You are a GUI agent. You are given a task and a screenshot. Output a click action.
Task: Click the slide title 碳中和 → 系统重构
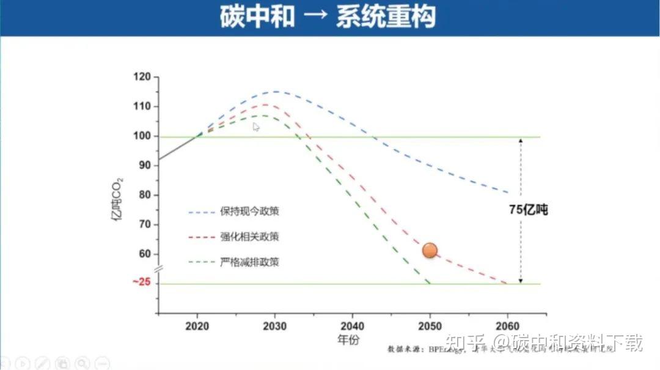(x=328, y=17)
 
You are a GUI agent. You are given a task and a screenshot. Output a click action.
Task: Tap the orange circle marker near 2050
(x=430, y=250)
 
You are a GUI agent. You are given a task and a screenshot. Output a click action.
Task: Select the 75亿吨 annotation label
(x=528, y=210)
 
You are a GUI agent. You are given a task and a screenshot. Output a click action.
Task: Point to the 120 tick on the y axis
(x=142, y=77)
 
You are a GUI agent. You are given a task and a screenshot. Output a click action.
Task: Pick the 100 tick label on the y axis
(x=142, y=136)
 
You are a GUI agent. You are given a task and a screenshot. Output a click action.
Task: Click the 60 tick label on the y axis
(x=144, y=254)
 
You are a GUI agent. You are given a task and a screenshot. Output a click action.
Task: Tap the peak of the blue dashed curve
(x=276, y=92)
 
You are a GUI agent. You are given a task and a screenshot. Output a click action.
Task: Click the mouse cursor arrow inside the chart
(x=256, y=127)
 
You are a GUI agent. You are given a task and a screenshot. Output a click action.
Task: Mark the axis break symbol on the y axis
(x=158, y=268)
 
